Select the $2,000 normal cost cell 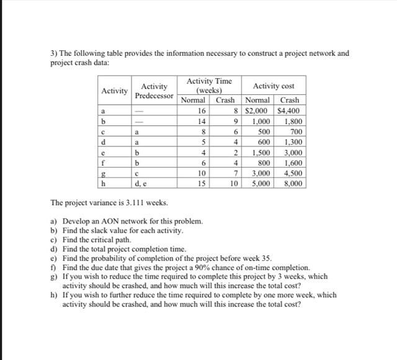click(257, 110)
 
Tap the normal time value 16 click(200, 110)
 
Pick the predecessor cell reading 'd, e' click(140, 184)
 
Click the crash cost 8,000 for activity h click(292, 184)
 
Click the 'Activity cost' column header click(273, 86)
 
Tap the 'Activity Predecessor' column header click(154, 91)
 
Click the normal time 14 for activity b click(200, 121)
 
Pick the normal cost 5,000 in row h click(259, 184)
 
